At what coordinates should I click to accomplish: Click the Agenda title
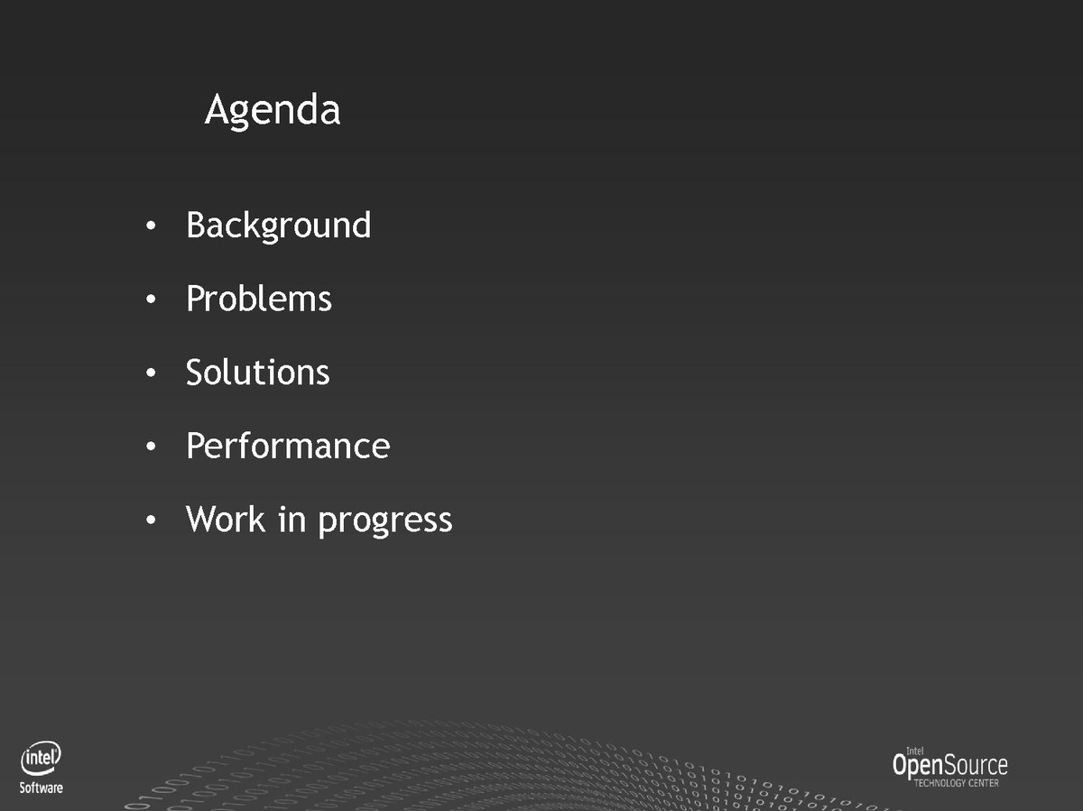tap(273, 111)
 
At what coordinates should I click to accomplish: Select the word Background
tap(278, 226)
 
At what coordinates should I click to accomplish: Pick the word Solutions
tap(257, 372)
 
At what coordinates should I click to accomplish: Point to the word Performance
tap(288, 445)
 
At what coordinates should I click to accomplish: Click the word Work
tap(226, 519)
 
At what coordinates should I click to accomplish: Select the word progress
tap(384, 522)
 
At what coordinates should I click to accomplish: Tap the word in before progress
tap(292, 519)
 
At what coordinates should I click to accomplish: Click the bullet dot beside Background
tap(151, 226)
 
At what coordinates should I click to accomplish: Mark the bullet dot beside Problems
tap(151, 299)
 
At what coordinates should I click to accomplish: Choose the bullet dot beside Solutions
tap(151, 373)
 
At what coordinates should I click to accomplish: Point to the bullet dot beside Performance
tap(151, 446)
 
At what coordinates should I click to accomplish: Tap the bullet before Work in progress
tap(151, 519)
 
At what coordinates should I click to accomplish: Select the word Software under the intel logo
tap(41, 788)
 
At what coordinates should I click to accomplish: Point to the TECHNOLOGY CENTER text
tap(956, 783)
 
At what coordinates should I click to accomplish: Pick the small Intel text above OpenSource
tap(915, 751)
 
